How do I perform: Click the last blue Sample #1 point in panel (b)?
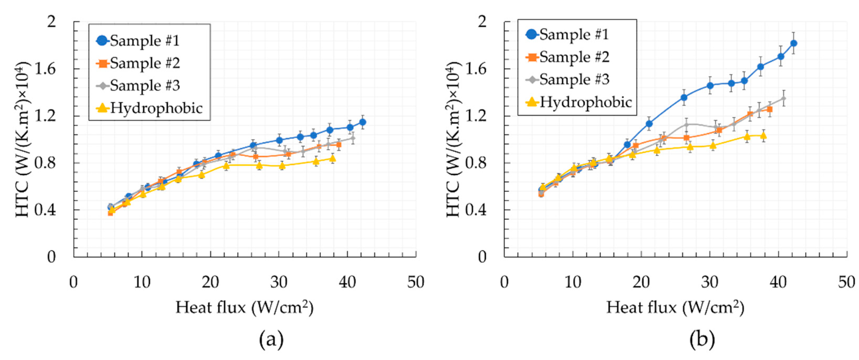coord(794,43)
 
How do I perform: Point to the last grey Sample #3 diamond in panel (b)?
coord(783,98)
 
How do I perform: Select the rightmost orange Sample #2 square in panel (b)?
coord(770,109)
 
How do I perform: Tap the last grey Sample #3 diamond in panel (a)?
coord(352,138)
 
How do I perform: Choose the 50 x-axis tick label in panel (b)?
coord(846,282)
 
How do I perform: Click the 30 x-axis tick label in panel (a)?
coord(279,282)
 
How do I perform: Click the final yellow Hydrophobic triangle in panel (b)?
coord(763,135)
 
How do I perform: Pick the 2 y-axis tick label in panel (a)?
coord(52,22)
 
